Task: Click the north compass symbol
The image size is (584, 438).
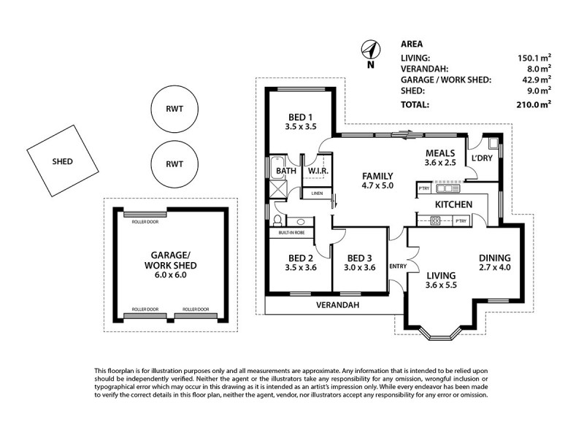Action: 371,50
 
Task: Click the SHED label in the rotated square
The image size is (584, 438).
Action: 62,161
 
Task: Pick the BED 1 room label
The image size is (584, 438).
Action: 299,122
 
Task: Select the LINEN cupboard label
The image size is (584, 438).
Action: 317,193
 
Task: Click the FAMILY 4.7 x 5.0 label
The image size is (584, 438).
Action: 378,181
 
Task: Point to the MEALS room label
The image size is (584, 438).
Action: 440,158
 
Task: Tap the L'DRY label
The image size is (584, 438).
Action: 481,158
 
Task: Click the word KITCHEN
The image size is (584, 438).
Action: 453,204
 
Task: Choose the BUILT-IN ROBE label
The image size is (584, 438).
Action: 291,232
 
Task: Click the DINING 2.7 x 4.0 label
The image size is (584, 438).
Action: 494,263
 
